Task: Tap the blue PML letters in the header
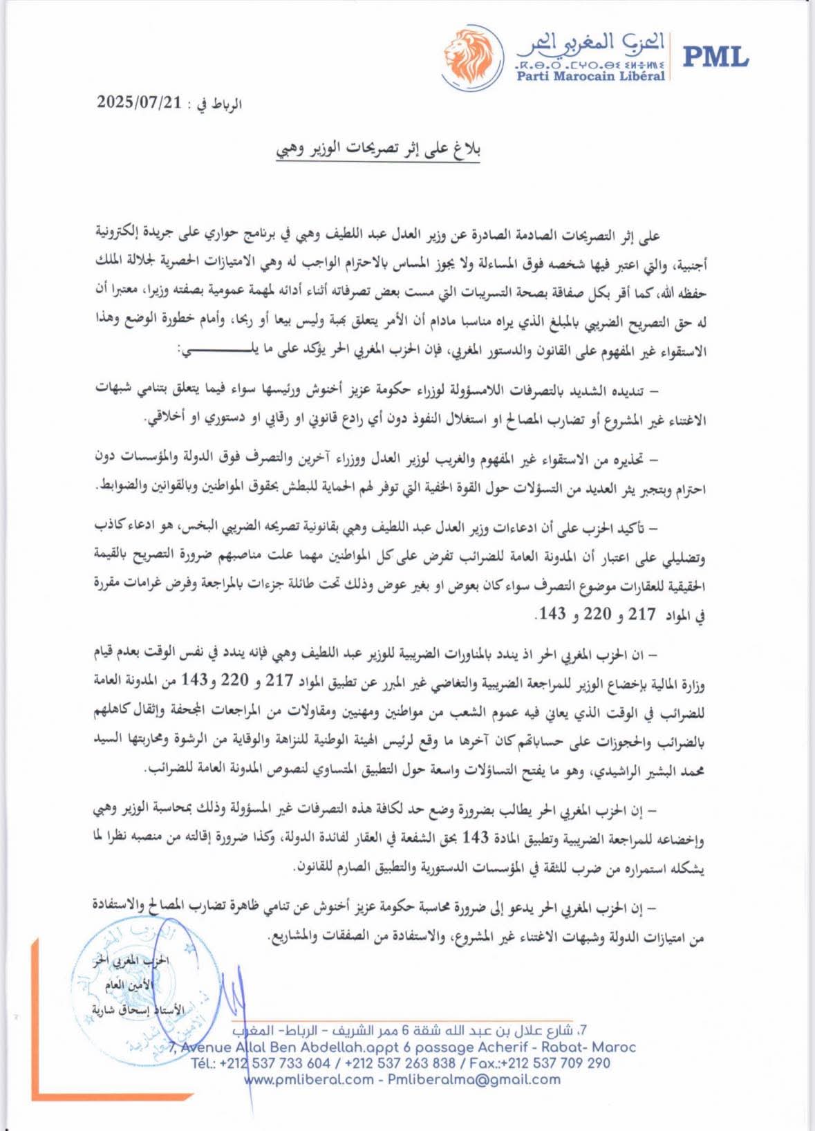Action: tap(715, 56)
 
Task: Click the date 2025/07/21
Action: tap(138, 103)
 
